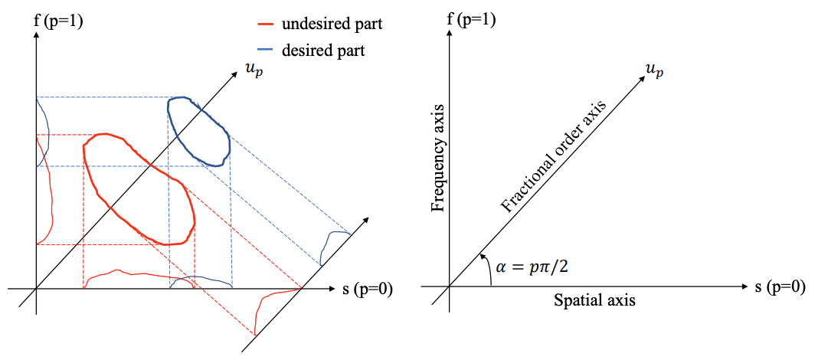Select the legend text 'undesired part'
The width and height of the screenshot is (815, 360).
332,24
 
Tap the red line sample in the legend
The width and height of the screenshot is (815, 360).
263,25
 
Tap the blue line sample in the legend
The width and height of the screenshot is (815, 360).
263,51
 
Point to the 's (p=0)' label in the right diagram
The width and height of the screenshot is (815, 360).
781,287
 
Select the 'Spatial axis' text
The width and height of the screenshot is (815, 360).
594,300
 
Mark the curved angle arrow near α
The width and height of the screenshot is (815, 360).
486,268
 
